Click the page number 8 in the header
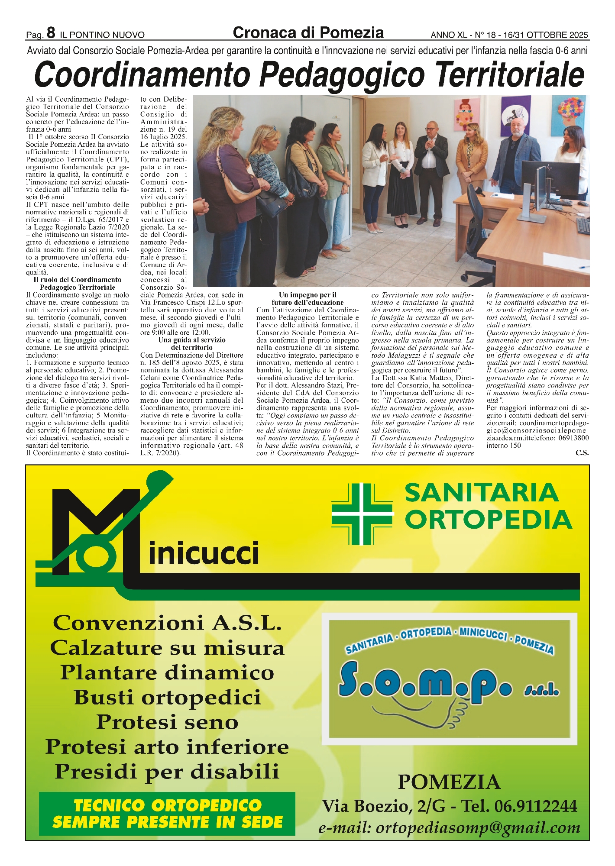click(51, 32)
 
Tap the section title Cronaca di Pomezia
click(308, 33)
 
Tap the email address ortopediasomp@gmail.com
click(449, 827)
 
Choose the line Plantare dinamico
click(167, 672)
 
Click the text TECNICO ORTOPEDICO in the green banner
click(168, 805)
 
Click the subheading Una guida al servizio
click(191, 340)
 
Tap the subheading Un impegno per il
click(307, 295)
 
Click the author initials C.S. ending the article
click(582, 453)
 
